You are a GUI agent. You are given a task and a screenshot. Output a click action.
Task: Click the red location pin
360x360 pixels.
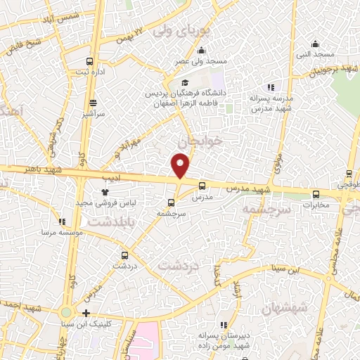pos(181,165)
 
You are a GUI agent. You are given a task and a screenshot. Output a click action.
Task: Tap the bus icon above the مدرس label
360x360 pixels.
pos(202,186)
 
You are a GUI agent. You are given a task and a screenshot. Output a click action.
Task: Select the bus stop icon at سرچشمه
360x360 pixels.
pos(171,203)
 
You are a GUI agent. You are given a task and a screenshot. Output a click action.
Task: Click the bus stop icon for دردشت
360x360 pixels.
pos(124,255)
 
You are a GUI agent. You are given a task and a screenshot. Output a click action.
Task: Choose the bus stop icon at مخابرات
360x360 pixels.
pos(315,194)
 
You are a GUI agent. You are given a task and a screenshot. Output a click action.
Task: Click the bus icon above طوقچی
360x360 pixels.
pos(349,174)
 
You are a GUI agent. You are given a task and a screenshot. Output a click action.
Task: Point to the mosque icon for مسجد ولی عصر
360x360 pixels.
pos(202,50)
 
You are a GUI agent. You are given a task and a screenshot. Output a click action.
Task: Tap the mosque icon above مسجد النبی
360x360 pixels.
pos(315,44)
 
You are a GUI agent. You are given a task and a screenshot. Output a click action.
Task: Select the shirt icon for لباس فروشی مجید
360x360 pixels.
pos(105,191)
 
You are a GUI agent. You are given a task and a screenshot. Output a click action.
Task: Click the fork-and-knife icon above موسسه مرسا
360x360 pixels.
pos(63,221)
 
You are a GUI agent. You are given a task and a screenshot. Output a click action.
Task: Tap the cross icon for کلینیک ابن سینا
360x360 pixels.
pos(86,313)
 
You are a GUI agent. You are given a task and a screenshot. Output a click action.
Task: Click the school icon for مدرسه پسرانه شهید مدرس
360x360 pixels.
pos(271,88)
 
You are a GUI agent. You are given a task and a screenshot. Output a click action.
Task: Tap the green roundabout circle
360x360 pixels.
pos(66,313)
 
